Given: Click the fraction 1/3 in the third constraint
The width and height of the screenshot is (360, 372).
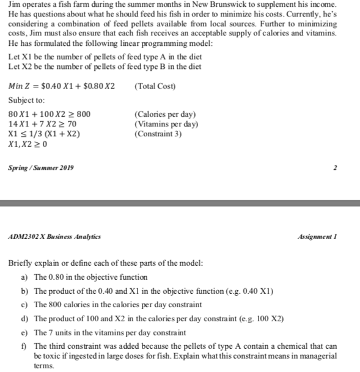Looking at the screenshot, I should (37, 134).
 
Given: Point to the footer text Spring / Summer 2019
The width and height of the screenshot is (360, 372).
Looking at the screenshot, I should (40, 168).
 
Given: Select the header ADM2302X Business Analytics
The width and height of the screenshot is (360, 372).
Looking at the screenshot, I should (54, 236).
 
